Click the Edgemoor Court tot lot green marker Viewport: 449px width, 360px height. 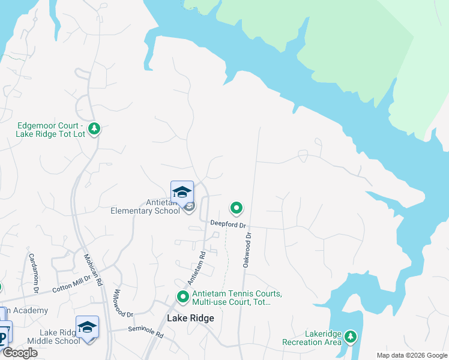point(94,128)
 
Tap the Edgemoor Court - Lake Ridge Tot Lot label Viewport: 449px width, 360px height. point(50,130)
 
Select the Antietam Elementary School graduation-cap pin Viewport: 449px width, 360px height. point(182,193)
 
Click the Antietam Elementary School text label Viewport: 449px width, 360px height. point(145,207)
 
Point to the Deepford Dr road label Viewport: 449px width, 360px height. point(228,224)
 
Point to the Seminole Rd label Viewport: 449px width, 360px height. point(145,332)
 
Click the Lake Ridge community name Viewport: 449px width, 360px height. point(190,318)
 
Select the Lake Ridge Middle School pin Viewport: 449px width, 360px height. point(88,328)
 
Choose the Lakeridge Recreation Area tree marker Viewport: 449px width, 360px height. point(350,337)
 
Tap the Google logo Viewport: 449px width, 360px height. point(20,353)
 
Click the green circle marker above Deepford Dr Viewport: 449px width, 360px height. point(237,208)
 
